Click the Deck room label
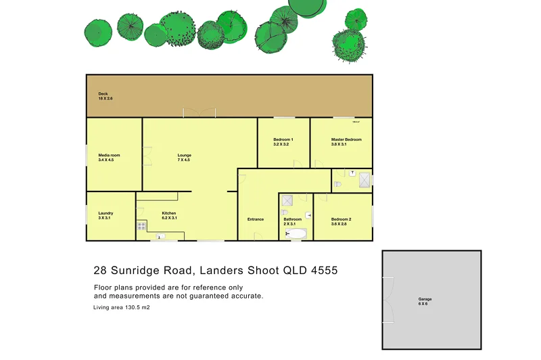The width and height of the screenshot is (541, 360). coord(103,94)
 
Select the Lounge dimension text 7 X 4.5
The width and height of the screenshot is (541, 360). coord(184,160)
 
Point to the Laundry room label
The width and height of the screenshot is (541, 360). coord(105,213)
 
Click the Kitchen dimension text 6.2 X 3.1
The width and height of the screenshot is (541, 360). coord(168,218)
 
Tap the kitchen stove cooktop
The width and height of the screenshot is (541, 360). coord(142,226)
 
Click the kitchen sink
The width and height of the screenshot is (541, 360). coord(161,235)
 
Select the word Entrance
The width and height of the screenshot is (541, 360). coord(256,219)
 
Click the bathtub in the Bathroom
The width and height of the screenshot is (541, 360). coord(297,234)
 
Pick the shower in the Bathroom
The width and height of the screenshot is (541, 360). coord(287,200)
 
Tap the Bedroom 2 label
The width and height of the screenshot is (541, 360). coord(341,219)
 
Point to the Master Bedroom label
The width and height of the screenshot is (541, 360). coord(346,139)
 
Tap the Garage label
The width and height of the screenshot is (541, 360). coord(425,299)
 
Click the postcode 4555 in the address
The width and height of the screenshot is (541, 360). coord(323,271)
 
